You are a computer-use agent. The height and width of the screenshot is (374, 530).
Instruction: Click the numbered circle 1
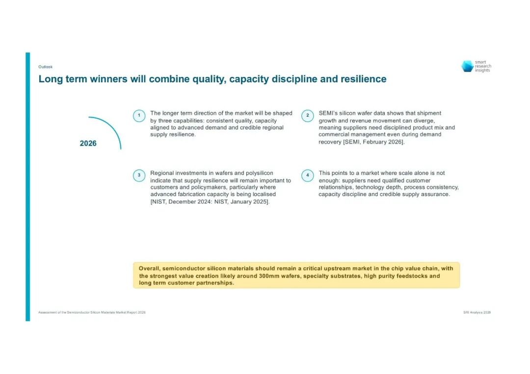coord(139,116)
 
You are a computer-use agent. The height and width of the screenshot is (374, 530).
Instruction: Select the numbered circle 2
coord(308,116)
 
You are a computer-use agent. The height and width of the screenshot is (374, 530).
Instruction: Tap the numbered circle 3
coord(139,175)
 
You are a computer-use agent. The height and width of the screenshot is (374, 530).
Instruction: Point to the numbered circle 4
coord(308,175)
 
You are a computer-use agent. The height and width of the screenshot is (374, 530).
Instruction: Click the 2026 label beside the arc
coord(88,144)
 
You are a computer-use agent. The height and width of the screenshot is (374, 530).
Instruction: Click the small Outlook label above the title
coord(45,67)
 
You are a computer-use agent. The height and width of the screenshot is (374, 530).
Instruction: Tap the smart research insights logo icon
coord(468,66)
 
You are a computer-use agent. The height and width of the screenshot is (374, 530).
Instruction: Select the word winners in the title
coord(108,79)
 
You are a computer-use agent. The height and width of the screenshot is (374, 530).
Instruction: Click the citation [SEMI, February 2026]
coord(374,142)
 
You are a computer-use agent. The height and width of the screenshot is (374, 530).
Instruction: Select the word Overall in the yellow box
coord(149,269)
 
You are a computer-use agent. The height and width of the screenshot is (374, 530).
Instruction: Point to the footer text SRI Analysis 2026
coord(477,313)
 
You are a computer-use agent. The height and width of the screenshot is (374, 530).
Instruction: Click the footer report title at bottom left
coord(92,313)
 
